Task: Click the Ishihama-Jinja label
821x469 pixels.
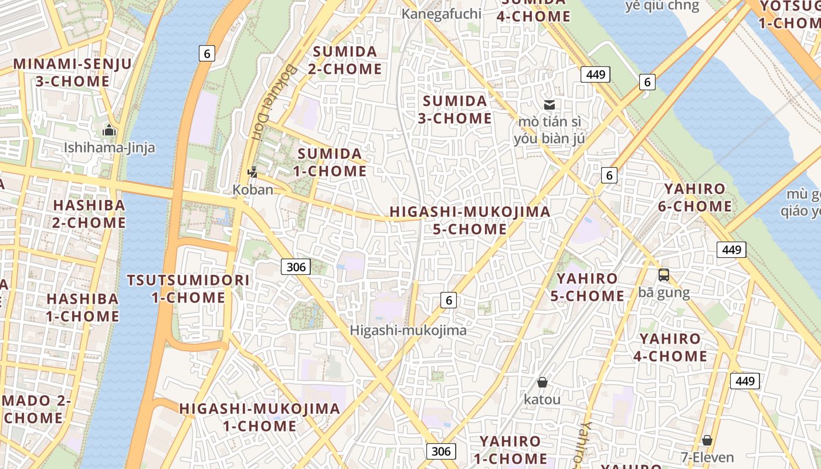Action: coord(110,147)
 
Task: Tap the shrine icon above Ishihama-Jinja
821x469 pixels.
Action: coord(109,130)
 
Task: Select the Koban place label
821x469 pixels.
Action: coord(253,189)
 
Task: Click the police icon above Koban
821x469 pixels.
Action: coord(253,172)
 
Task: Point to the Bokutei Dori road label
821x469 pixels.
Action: coord(258,101)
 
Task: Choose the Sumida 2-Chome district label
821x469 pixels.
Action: coord(345,60)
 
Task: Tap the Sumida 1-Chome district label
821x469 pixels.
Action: coord(332,162)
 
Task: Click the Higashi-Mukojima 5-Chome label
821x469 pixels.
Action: coord(470,220)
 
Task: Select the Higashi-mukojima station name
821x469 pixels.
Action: coord(408,330)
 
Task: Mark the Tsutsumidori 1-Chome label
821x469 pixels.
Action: coord(188,288)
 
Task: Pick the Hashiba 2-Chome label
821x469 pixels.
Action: coord(89,214)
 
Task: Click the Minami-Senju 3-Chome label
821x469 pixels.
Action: coord(73,72)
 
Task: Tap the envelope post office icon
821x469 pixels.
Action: coord(549,105)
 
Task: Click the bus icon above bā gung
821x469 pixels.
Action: coord(663,274)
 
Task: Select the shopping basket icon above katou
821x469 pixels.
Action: coord(542,382)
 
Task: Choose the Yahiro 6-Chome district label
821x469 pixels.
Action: coord(694,198)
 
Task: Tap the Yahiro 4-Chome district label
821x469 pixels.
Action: coord(670,347)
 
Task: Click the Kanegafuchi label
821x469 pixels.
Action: coord(441,13)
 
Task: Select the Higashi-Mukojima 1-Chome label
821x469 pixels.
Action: coord(259,417)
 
